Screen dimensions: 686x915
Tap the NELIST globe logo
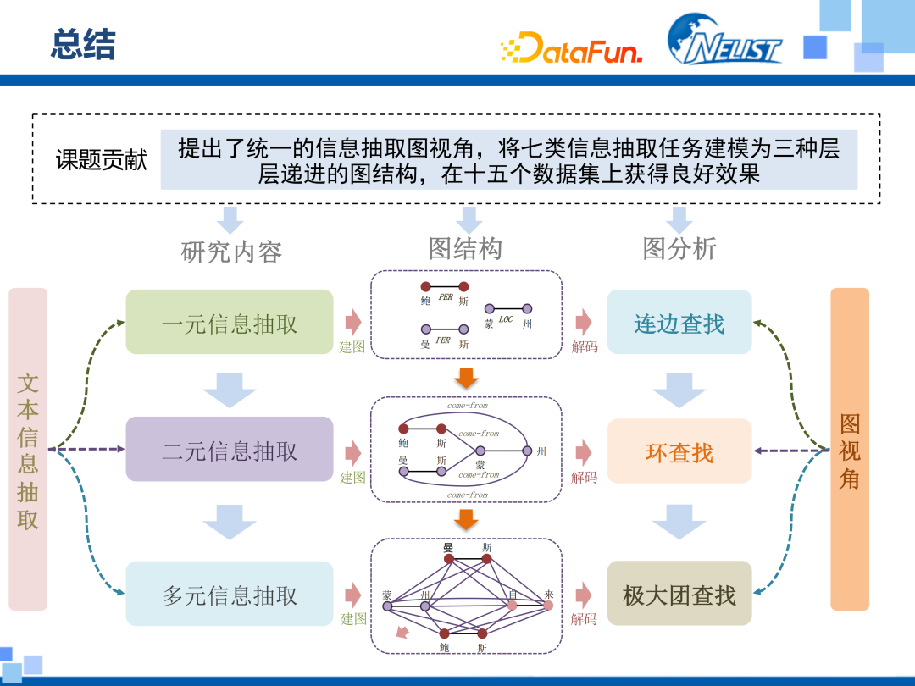724,40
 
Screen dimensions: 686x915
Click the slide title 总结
82,44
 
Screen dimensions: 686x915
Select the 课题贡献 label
102,160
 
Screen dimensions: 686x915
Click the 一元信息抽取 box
230,323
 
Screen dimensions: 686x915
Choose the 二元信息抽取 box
230,450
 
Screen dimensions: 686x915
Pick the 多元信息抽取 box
230,595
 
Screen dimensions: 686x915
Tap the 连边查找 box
679,323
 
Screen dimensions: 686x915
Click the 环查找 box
679,451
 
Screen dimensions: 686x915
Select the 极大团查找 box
679,595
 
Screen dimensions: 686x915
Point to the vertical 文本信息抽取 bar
28,450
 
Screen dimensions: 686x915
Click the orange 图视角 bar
850,450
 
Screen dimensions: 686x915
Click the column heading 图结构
465,248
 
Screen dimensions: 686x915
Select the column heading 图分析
679,248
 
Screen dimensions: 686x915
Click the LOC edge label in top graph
506,319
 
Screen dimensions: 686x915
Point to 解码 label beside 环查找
584,478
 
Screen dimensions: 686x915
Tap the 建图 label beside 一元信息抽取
352,347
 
